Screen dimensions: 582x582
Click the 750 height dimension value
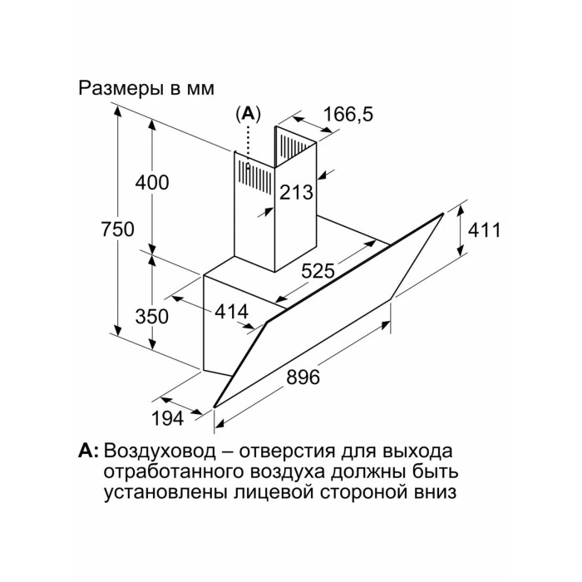(x=117, y=229)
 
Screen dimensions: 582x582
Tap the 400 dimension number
(x=151, y=183)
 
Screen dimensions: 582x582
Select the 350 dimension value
(x=151, y=316)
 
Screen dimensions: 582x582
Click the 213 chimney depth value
(x=296, y=193)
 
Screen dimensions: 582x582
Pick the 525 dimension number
(x=318, y=269)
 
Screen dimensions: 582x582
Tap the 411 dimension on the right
(x=484, y=230)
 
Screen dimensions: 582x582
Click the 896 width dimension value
(x=303, y=376)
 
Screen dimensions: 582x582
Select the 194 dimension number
(x=167, y=419)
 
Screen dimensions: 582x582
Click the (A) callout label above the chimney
(x=247, y=115)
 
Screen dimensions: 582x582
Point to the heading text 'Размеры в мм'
(x=146, y=87)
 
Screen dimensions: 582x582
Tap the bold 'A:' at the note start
(x=88, y=452)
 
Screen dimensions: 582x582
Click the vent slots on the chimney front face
(x=259, y=174)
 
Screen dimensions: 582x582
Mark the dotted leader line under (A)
(x=247, y=141)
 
